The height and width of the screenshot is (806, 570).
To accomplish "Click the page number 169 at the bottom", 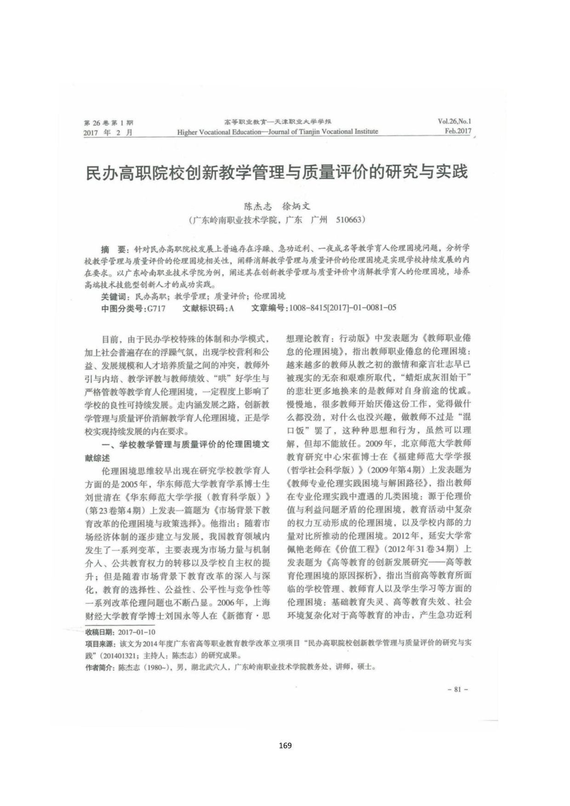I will tap(285, 745).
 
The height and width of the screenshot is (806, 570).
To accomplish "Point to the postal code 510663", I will tap(351, 220).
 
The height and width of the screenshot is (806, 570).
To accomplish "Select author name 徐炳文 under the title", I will tap(296, 206).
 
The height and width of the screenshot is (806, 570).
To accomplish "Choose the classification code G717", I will tap(156, 308).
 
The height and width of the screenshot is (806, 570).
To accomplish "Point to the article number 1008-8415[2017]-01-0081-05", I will tap(342, 308).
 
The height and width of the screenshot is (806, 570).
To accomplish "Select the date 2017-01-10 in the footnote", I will tap(137, 632).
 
